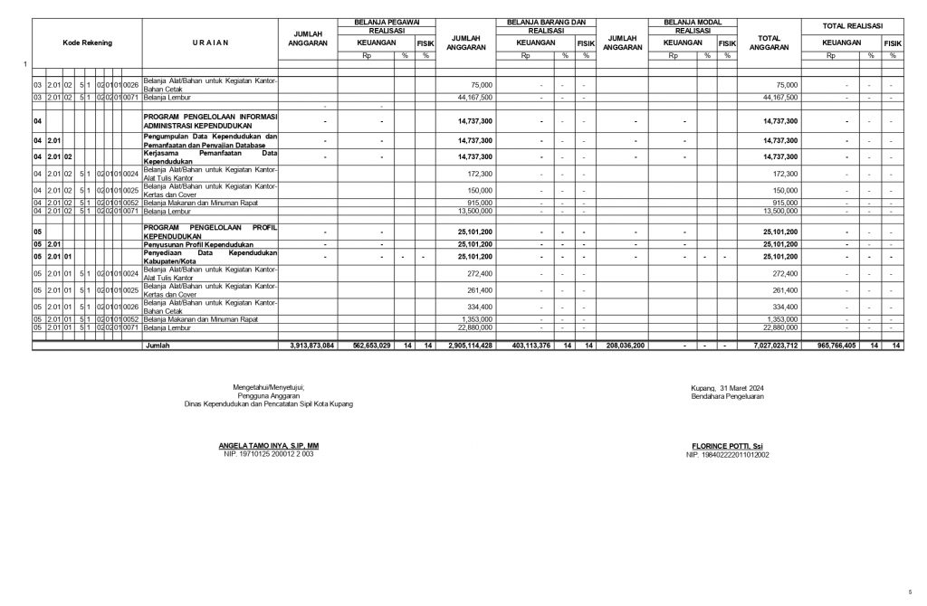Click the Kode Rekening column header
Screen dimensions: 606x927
click(x=88, y=43)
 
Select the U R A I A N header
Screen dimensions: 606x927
click(x=210, y=43)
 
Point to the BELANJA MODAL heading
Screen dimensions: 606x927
click(x=692, y=20)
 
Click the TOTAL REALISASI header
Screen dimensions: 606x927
click(x=852, y=25)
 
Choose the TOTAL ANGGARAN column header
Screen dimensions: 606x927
click(x=769, y=43)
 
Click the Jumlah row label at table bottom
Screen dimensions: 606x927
click(x=158, y=346)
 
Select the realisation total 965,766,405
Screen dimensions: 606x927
click(x=830, y=346)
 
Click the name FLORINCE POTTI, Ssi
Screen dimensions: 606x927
click(x=726, y=446)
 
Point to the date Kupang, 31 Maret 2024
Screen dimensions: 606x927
click(x=727, y=388)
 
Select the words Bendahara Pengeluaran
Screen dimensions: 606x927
click(x=727, y=396)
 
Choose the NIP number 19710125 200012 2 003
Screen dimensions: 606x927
click(x=269, y=454)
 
